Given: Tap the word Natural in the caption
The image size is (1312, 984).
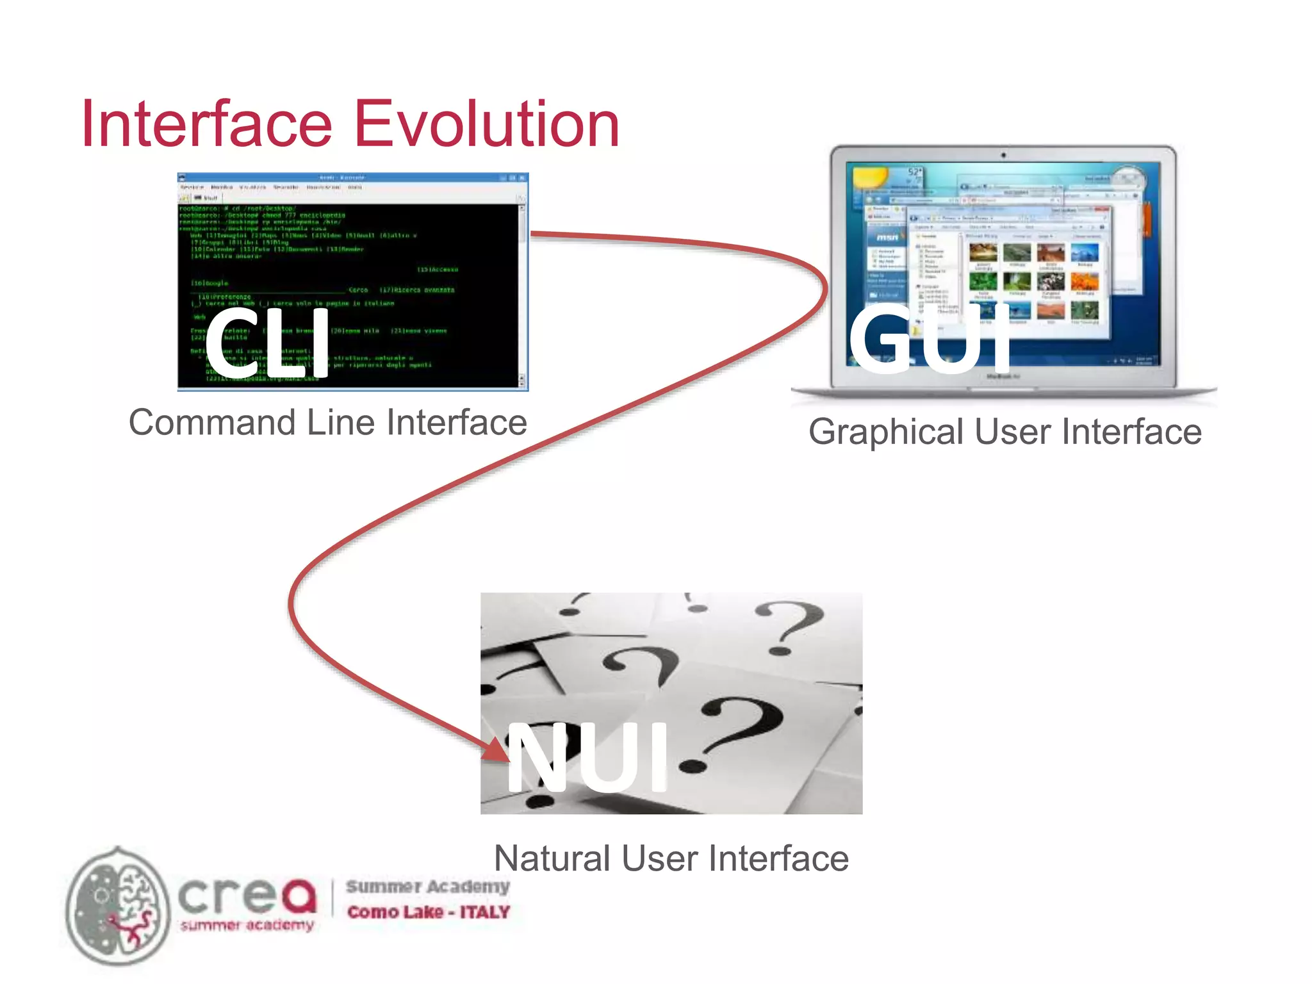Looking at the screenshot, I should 552,858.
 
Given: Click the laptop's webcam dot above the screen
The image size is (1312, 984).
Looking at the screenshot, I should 1003,155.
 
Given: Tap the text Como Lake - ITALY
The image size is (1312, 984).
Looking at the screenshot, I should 428,912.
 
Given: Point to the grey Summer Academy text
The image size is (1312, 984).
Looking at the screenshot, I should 428,887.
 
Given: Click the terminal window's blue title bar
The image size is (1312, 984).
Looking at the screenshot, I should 352,177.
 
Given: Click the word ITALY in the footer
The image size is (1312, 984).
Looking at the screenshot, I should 484,912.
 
